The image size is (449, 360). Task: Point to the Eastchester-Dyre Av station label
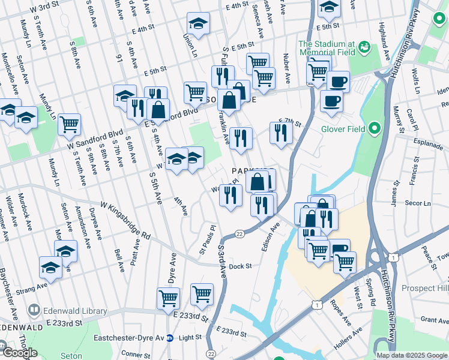coord(128,338)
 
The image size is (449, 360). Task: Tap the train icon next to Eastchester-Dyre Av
coord(170,338)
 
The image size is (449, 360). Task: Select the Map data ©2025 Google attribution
coord(412,355)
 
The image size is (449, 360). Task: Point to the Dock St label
coord(240,266)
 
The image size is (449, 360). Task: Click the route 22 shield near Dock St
coord(240,234)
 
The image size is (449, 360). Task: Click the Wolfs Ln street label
coord(415,79)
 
